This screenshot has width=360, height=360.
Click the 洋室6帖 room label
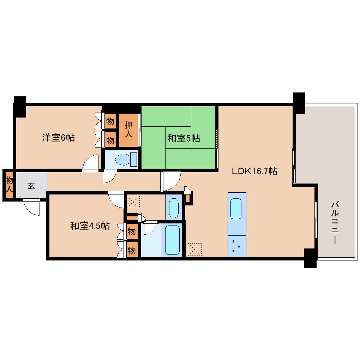tap(58, 138)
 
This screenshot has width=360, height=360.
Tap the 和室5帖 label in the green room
tap(184, 138)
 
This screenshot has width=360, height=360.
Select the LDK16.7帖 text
tap(254, 172)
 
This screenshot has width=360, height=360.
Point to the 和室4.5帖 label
tap(90, 226)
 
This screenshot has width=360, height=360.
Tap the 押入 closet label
tap(128, 130)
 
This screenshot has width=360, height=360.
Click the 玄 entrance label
tap(31, 186)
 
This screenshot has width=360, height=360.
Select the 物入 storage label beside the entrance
tap(9, 185)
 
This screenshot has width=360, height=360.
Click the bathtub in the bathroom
tap(173, 240)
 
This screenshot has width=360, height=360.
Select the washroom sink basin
tap(174, 208)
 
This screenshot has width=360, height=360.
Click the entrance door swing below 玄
tap(32, 207)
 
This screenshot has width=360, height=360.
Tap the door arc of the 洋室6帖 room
tap(91, 163)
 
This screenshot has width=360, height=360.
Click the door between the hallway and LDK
tap(171, 180)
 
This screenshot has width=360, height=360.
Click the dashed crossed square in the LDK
tap(194, 249)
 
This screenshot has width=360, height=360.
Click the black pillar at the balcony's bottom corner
tap(310, 258)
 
